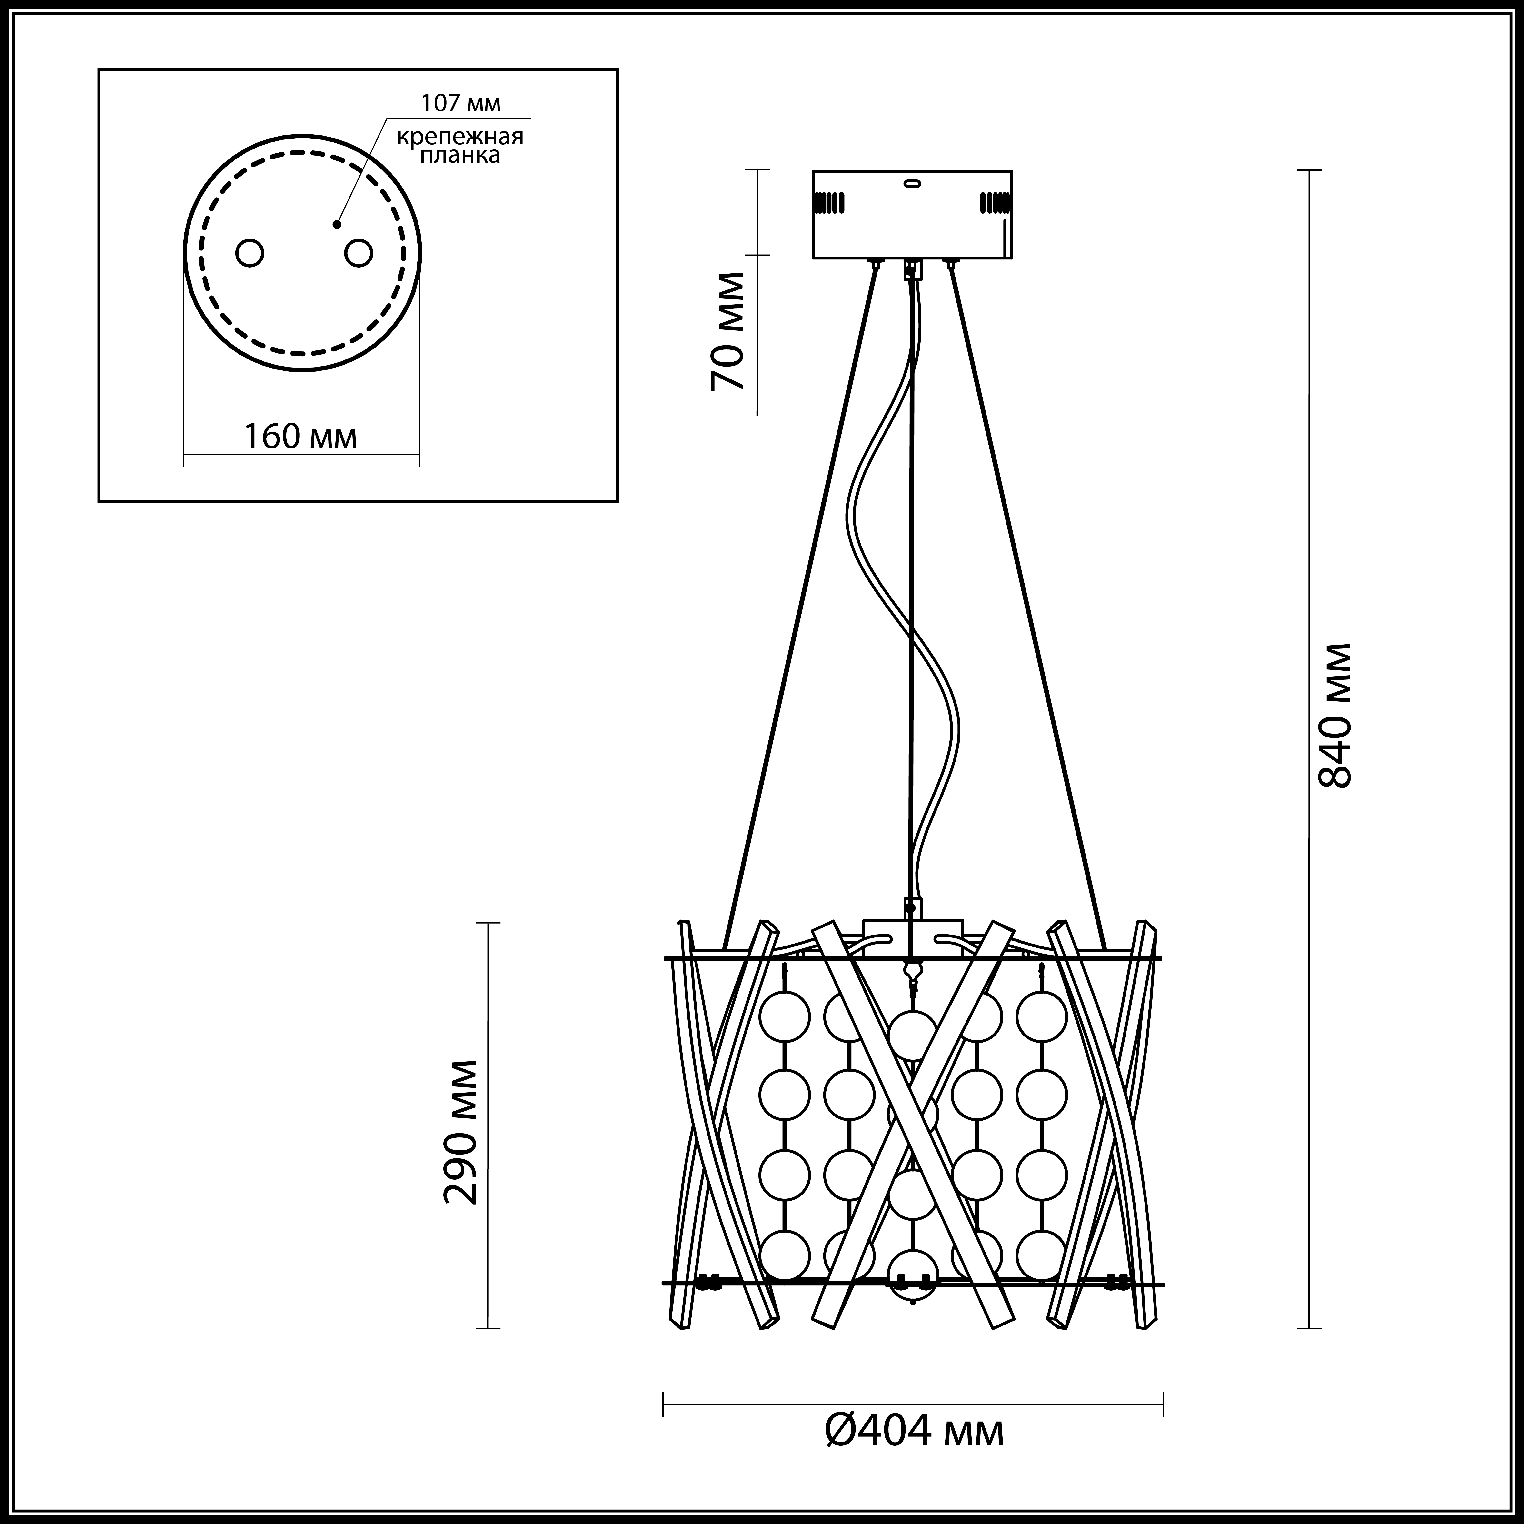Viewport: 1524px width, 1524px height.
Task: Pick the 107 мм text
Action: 461,103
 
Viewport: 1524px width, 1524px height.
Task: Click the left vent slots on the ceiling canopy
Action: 830,203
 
